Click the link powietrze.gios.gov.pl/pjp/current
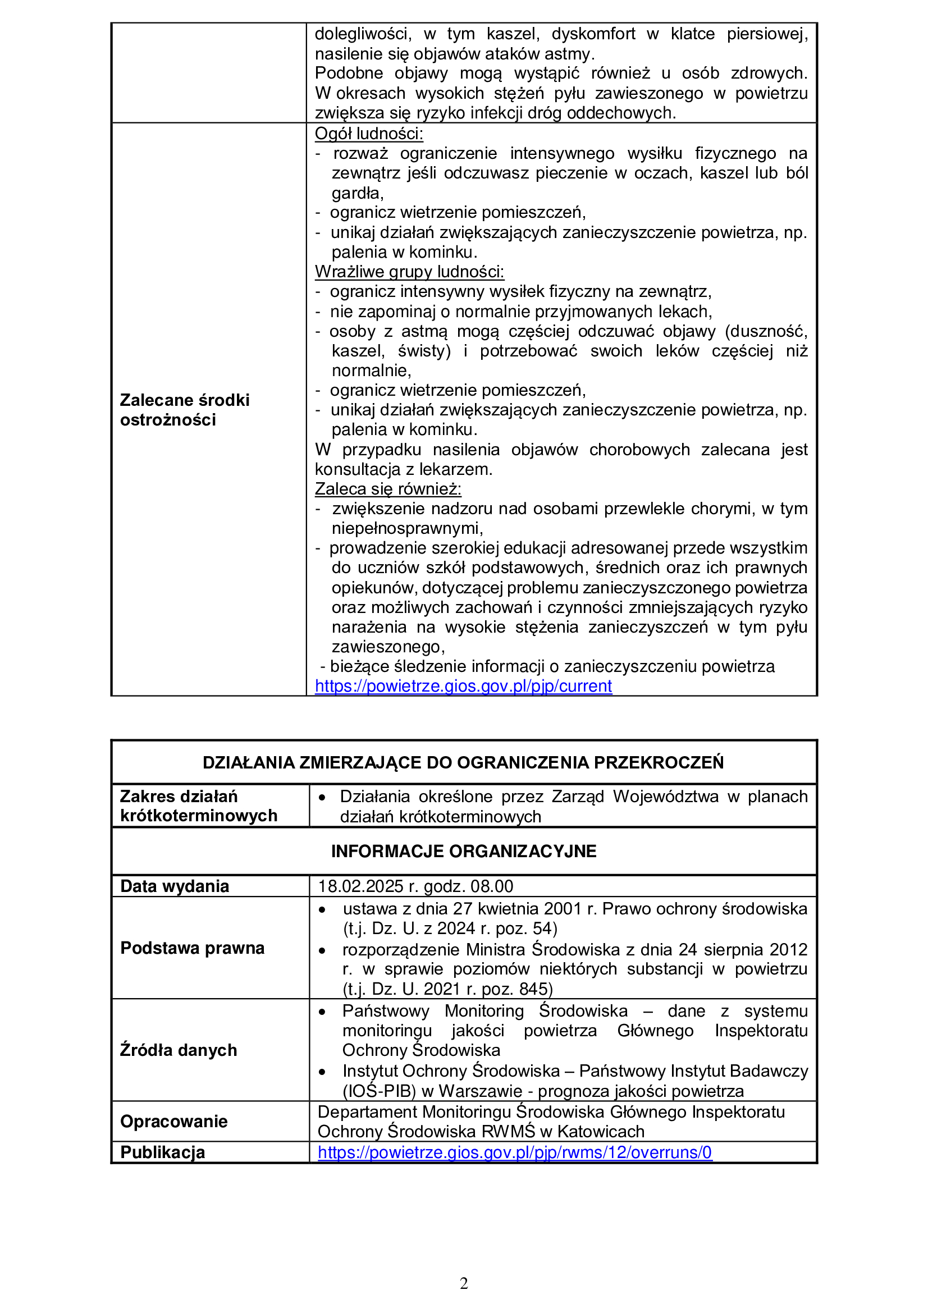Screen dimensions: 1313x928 [463, 685]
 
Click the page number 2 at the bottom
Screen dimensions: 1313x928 [464, 1283]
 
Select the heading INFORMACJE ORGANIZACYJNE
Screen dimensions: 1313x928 [464, 851]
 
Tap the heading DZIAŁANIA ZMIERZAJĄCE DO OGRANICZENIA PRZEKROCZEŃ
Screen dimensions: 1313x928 [463, 762]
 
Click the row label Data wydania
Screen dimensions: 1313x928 [175, 886]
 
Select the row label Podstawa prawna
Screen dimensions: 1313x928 [192, 948]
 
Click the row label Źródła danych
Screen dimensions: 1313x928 [179, 1050]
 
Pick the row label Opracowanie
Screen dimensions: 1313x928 [174, 1121]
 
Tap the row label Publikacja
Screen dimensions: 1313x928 [162, 1152]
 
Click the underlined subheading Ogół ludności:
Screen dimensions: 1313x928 [369, 134]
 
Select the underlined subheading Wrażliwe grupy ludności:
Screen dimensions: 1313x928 [409, 272]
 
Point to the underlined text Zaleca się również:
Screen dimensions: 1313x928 [388, 489]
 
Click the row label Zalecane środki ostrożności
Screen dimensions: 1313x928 [185, 409]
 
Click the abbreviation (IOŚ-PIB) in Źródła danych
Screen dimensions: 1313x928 [379, 1091]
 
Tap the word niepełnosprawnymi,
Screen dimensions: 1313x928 [407, 528]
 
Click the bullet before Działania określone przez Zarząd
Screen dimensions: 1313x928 [322, 797]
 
